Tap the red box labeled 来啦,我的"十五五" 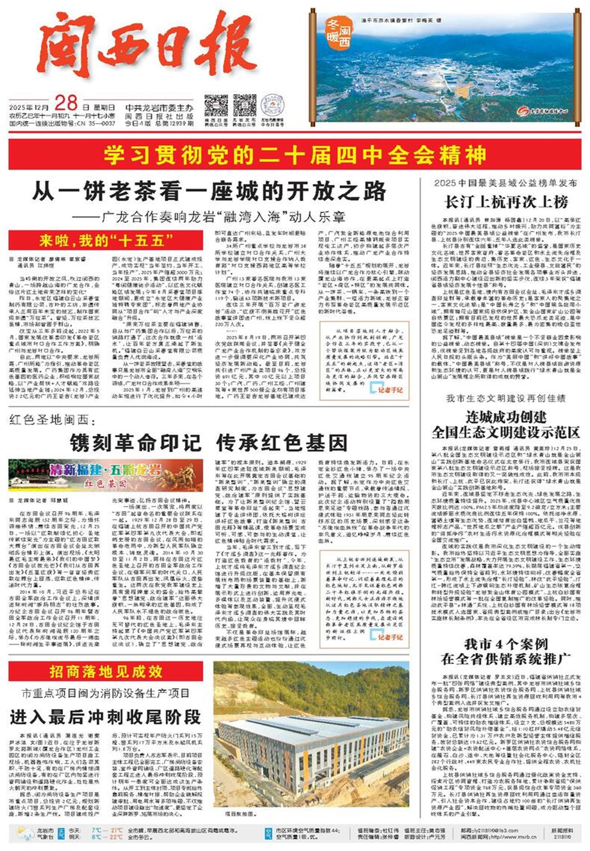[x=106, y=241]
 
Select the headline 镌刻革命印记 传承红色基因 [x=208, y=442]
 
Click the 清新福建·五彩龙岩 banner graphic [x=106, y=475]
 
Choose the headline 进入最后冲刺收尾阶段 [x=106, y=717]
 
